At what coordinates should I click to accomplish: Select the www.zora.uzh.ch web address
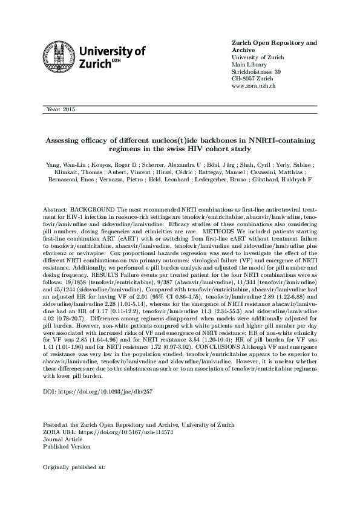[x=254, y=86]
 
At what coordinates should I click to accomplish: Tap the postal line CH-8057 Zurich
[x=252, y=79]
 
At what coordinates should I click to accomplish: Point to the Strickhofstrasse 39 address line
[x=257, y=72]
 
